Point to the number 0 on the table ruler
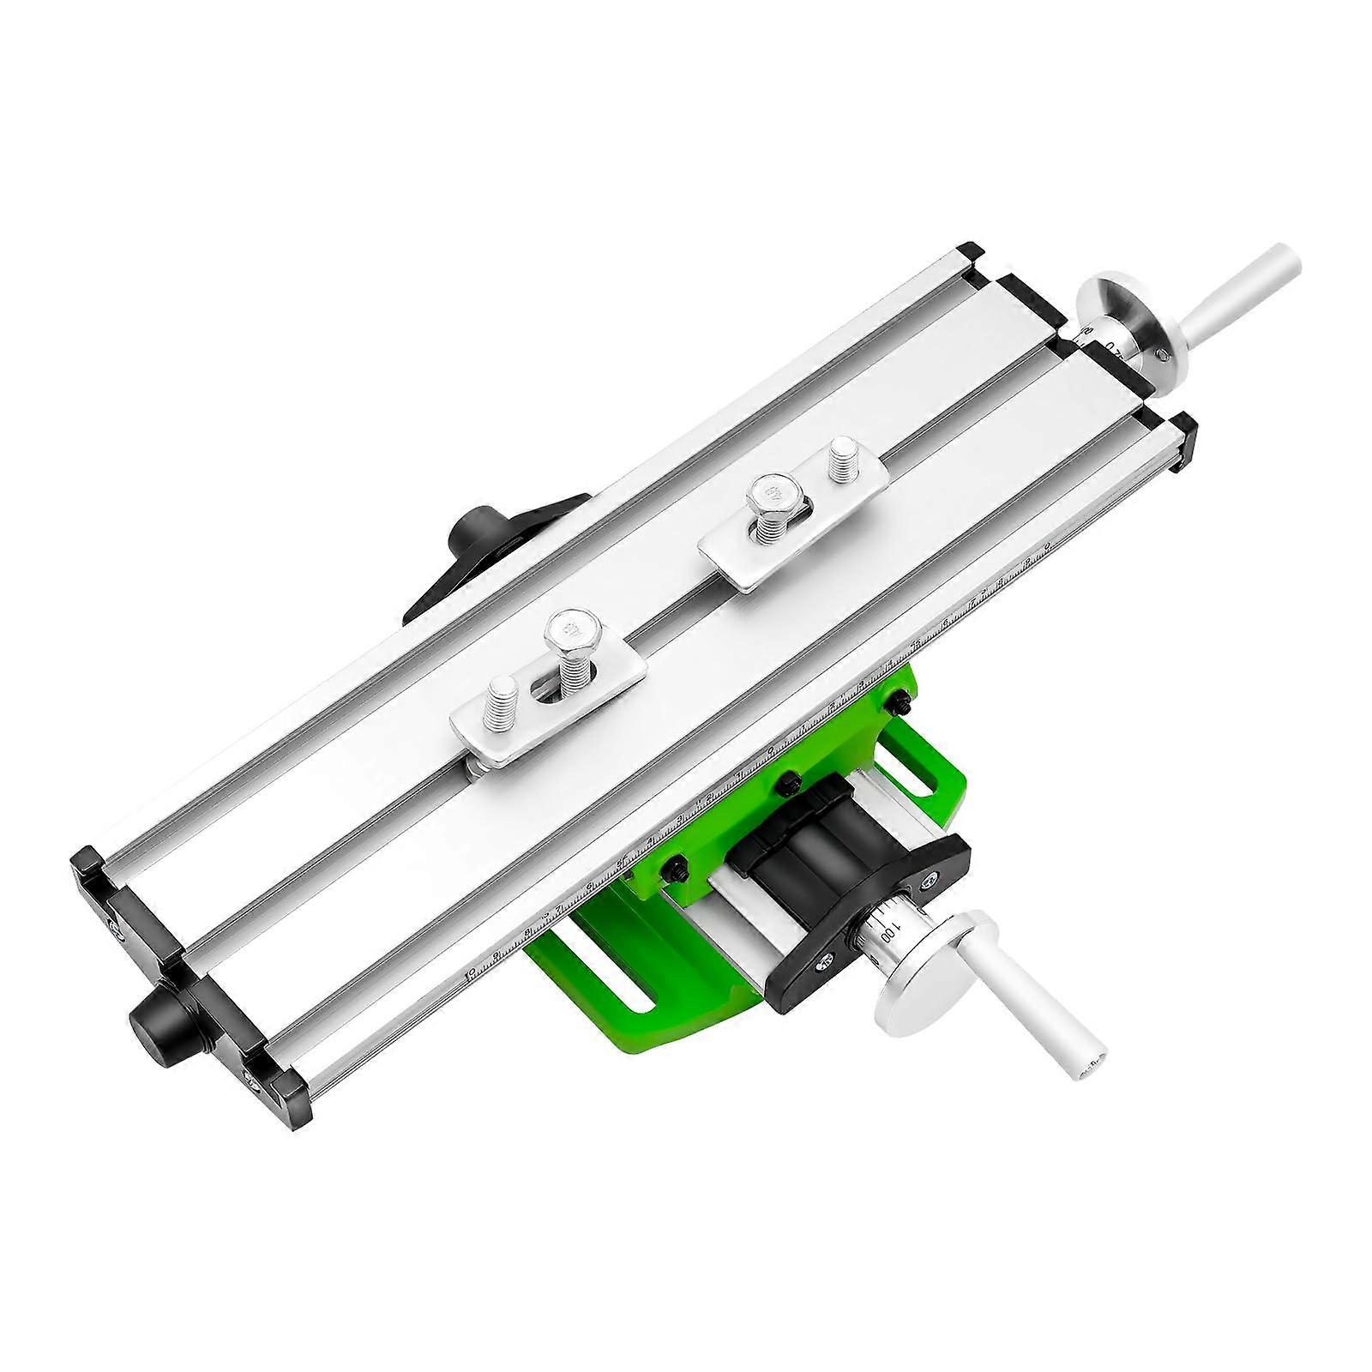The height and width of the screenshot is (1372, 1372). [x=1047, y=545]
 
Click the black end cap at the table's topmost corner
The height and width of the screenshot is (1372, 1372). [x=972, y=254]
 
